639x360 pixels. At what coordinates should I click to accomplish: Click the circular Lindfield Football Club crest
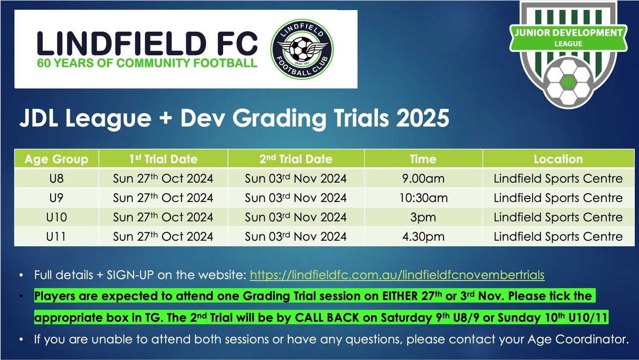pyautogui.click(x=302, y=49)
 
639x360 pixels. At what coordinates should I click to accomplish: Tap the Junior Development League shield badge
pyautogui.click(x=568, y=53)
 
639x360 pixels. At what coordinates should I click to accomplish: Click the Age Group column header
pyautogui.click(x=56, y=159)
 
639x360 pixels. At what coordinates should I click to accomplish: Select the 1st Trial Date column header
pyautogui.click(x=163, y=159)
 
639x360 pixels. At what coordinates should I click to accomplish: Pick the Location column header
pyautogui.click(x=558, y=159)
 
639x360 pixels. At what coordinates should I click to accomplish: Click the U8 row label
pyautogui.click(x=56, y=179)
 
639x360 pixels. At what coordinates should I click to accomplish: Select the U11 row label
pyautogui.click(x=56, y=236)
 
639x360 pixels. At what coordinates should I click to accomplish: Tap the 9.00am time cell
pyautogui.click(x=423, y=179)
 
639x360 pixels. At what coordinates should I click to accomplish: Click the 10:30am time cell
pyautogui.click(x=423, y=198)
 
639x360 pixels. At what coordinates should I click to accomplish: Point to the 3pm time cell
pyautogui.click(x=423, y=217)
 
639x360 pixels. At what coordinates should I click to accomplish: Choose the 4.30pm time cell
pyautogui.click(x=423, y=236)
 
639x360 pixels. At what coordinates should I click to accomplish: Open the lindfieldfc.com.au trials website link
pyautogui.click(x=397, y=275)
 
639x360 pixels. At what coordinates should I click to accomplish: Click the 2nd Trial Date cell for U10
pyautogui.click(x=296, y=217)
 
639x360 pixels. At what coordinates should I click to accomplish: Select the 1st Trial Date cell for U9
pyautogui.click(x=163, y=198)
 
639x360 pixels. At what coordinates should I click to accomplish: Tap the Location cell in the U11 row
pyautogui.click(x=558, y=236)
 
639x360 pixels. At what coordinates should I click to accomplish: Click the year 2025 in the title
pyautogui.click(x=423, y=118)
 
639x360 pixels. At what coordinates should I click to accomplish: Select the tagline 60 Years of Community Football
pyautogui.click(x=147, y=63)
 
